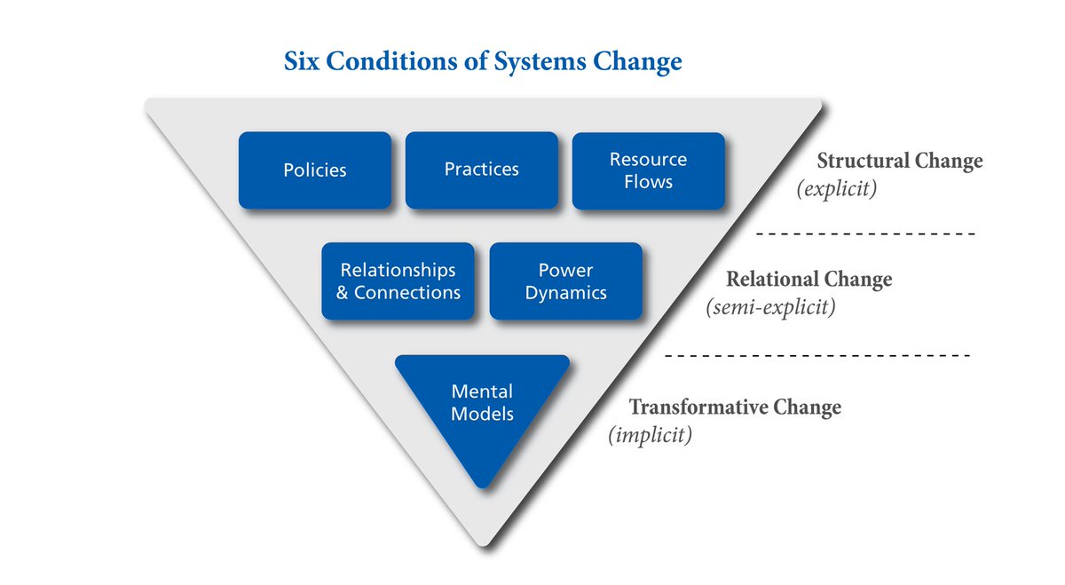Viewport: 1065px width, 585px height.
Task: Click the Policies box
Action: click(x=314, y=170)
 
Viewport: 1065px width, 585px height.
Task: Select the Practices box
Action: click(x=481, y=170)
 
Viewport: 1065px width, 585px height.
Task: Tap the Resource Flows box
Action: click(x=648, y=170)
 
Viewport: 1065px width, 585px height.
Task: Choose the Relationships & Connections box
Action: click(x=398, y=281)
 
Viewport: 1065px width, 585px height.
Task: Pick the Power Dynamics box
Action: click(x=565, y=281)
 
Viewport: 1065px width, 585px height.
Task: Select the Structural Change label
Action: click(x=899, y=162)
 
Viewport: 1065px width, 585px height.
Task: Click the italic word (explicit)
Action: click(x=838, y=189)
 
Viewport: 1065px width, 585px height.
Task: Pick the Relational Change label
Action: click(x=809, y=280)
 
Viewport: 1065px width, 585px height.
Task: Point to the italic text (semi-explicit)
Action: click(x=771, y=308)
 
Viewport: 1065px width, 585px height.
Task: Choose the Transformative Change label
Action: click(x=735, y=407)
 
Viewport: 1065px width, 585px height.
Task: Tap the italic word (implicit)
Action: click(x=650, y=436)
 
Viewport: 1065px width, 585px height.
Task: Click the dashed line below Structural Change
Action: click(x=865, y=234)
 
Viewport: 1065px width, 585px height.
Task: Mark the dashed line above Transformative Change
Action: click(x=816, y=356)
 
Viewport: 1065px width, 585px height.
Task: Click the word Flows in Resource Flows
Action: click(x=648, y=182)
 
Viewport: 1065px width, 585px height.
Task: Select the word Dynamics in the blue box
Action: click(x=565, y=292)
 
